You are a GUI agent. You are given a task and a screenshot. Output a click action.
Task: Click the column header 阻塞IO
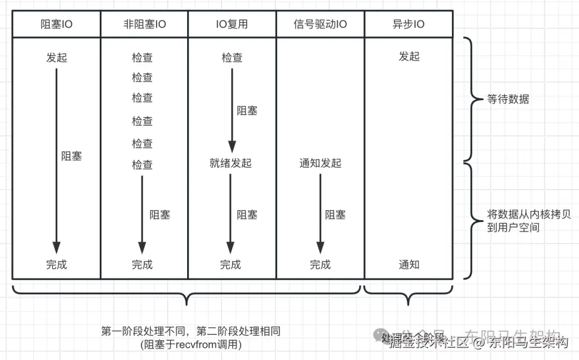pos(56,24)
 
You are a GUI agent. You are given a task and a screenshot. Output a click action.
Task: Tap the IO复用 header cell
pos(232,24)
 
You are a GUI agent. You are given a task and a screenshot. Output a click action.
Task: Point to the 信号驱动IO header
pos(320,24)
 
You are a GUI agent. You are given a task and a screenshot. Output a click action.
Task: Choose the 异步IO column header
pos(409,24)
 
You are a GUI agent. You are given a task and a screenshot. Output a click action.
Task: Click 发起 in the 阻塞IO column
pos(56,57)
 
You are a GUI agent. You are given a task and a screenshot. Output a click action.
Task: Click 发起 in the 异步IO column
pos(409,56)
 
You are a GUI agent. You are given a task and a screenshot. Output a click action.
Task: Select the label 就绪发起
pos(231,163)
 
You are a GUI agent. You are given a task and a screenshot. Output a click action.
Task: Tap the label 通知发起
pos(320,163)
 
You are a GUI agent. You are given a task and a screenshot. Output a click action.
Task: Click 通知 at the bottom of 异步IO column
pos(409,264)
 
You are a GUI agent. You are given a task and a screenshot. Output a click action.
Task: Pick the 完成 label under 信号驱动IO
pos(320,264)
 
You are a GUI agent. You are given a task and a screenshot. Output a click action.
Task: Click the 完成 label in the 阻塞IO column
pos(56,264)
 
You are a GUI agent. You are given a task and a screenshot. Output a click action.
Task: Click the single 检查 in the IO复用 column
pos(232,57)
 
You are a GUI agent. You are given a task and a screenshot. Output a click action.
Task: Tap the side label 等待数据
pos(508,99)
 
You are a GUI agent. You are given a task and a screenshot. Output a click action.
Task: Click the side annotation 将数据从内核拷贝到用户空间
pos(528,221)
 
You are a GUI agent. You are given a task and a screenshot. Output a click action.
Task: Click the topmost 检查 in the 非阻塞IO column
pos(142,57)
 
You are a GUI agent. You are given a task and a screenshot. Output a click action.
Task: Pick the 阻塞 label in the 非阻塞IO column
pos(160,215)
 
